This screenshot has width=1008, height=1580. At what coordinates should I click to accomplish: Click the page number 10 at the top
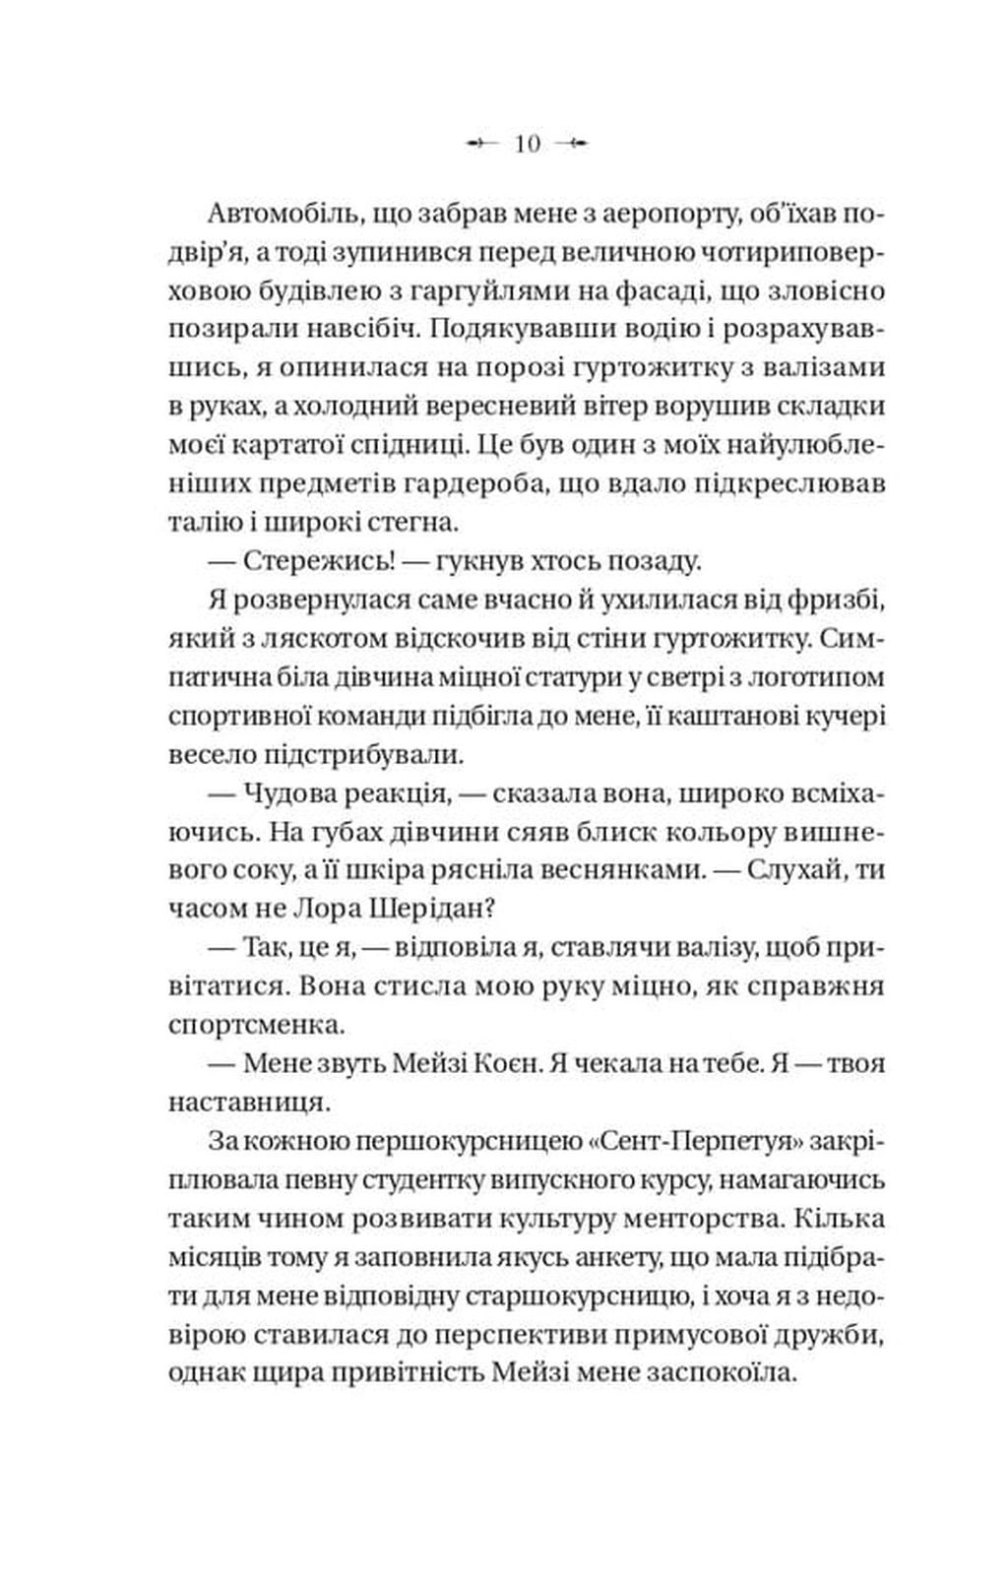tap(528, 144)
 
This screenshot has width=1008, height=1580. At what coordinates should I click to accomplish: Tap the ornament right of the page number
tap(572, 144)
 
